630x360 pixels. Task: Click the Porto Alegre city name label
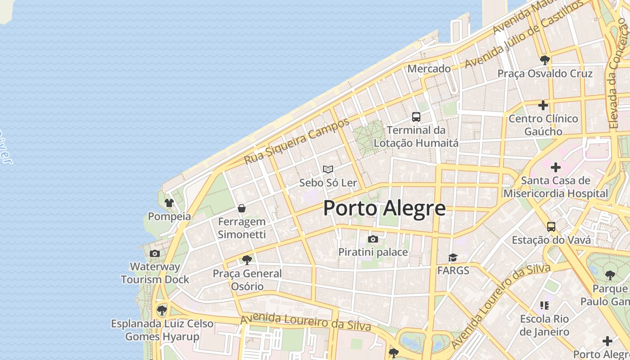pyautogui.click(x=384, y=208)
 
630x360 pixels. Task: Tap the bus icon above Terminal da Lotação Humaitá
pyautogui.click(x=416, y=117)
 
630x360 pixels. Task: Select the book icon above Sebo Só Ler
pyautogui.click(x=328, y=170)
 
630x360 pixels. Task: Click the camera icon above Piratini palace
pyautogui.click(x=373, y=239)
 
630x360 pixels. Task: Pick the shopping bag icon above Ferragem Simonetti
pyautogui.click(x=242, y=208)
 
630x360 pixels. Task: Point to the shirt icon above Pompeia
pyautogui.click(x=169, y=203)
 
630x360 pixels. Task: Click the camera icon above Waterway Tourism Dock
pyautogui.click(x=155, y=253)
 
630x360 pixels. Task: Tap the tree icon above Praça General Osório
pyautogui.click(x=247, y=260)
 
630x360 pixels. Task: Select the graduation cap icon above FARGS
pyautogui.click(x=453, y=257)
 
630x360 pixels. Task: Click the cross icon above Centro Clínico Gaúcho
pyautogui.click(x=543, y=105)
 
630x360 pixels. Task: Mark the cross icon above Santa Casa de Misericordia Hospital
pyautogui.click(x=556, y=167)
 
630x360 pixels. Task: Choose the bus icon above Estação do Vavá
pyautogui.click(x=551, y=226)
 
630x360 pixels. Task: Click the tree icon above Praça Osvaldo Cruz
pyautogui.click(x=545, y=60)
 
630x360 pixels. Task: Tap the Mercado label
pyautogui.click(x=429, y=69)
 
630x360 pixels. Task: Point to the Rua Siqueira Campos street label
pyautogui.click(x=297, y=141)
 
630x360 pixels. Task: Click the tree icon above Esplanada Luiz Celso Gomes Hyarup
pyautogui.click(x=162, y=310)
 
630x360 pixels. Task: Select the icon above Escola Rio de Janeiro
pyautogui.click(x=544, y=306)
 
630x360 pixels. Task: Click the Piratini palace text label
pyautogui.click(x=373, y=252)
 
